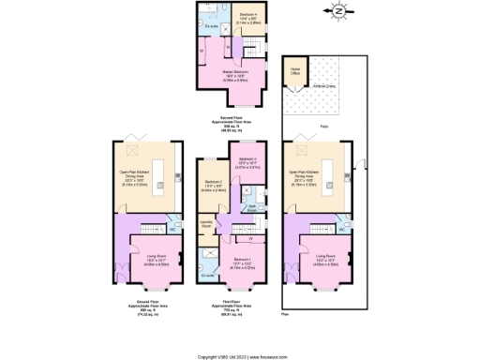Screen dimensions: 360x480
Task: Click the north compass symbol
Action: coord(338,12)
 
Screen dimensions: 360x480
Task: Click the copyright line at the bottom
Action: coord(240,356)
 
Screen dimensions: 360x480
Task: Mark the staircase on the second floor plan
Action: coord(247,44)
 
